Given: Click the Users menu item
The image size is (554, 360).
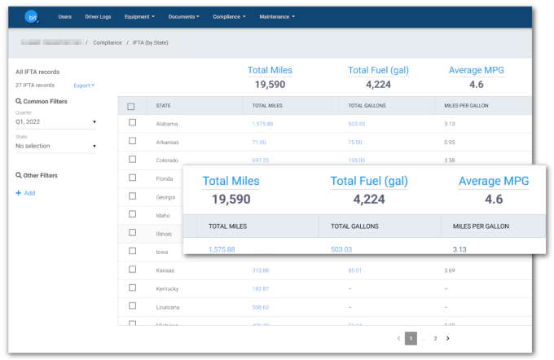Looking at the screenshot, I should coord(65,16).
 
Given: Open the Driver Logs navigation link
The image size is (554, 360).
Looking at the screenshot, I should coord(98,16).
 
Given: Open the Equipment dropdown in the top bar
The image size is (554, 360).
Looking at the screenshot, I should coord(139,16).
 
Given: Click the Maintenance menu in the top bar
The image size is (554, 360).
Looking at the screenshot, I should coord(276,16).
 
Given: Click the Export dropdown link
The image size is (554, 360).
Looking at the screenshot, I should coord(83,85).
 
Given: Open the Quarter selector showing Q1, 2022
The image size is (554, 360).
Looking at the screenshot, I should coord(55,122).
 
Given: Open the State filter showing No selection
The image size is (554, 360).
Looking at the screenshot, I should coord(55,146).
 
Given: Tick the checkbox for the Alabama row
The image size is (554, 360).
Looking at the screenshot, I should coord(132,123).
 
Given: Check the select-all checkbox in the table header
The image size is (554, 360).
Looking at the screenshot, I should coord(131,106).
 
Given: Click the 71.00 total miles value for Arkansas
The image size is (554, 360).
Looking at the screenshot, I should coord(260,142).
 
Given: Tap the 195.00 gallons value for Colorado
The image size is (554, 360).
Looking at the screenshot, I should coord(356,160).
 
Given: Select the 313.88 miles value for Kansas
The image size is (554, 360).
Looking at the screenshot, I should coord(261,270).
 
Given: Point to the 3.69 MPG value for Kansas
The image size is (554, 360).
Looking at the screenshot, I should coord(450,270).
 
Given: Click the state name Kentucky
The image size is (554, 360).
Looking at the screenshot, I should coord(168,288).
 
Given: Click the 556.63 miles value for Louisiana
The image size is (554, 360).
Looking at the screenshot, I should coord(261,307).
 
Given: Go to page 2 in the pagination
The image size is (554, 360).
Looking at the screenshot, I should coord(435,338).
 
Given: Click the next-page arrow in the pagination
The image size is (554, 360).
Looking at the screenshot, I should coord(447,338).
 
